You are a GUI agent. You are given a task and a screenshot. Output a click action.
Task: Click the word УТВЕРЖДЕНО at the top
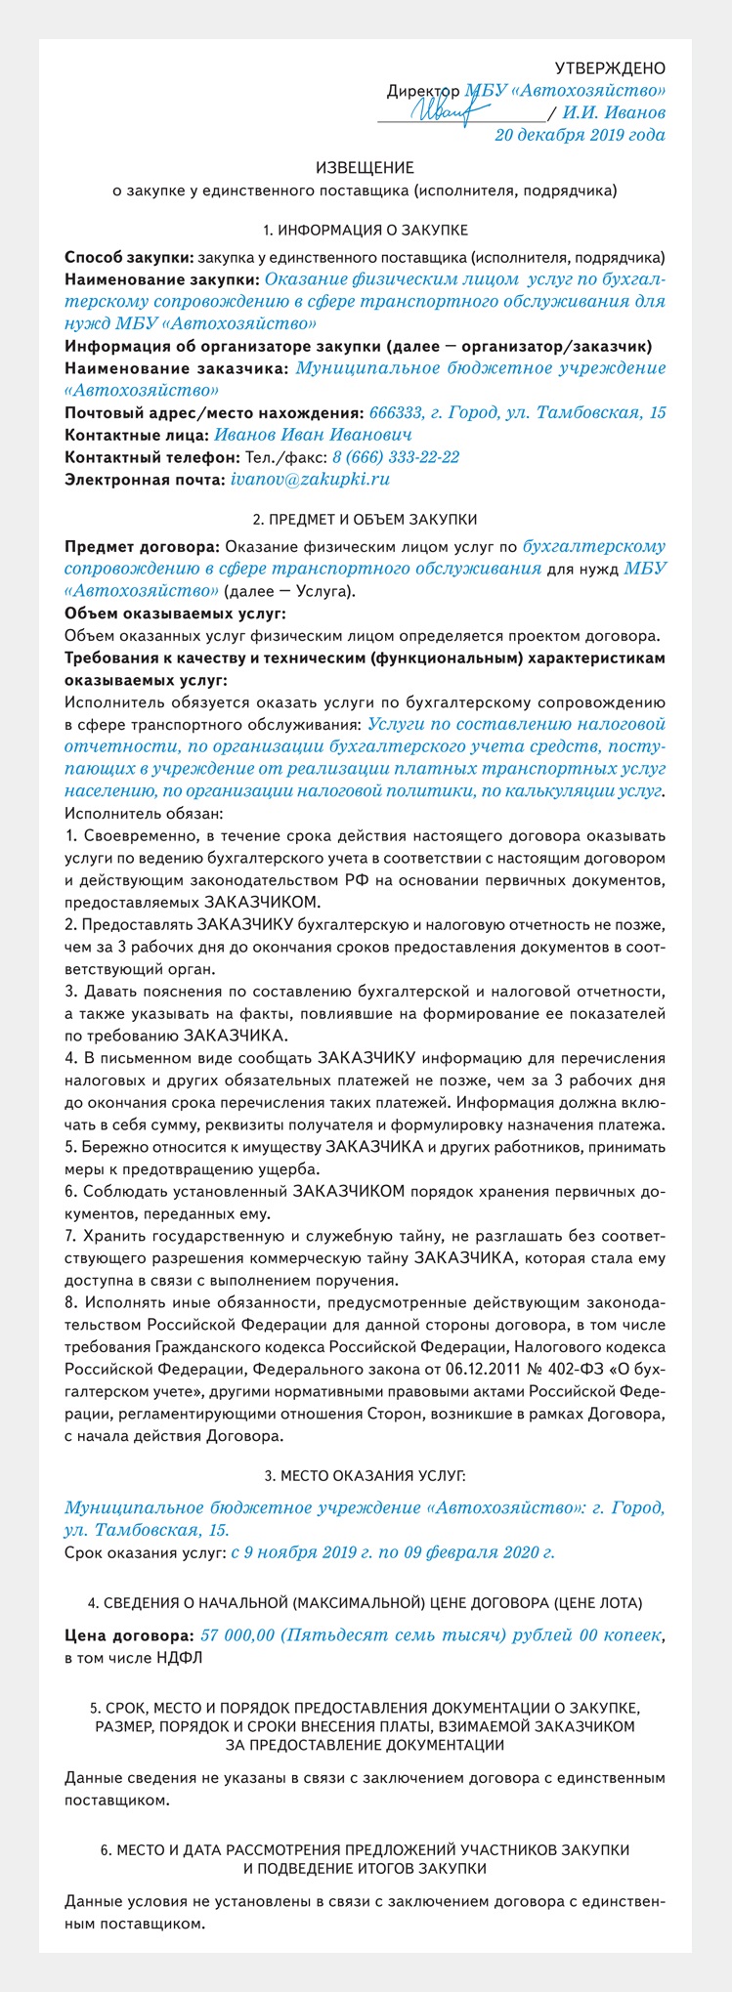610,67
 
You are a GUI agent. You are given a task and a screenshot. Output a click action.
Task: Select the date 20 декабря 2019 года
580,135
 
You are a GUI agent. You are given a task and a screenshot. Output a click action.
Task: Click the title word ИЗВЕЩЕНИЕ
365,168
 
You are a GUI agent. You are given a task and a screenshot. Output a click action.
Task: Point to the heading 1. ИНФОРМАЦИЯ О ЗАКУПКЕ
365,231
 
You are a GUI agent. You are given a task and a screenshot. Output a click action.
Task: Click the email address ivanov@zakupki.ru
310,480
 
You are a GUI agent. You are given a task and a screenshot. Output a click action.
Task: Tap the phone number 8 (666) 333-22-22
396,457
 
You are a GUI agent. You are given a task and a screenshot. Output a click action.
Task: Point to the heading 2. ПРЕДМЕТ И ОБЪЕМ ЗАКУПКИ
365,519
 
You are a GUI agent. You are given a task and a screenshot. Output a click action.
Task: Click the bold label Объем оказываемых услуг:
175,614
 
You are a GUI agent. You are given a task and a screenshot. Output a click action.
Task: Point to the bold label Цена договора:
128,1635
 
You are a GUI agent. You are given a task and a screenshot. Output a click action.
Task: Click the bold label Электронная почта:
143,480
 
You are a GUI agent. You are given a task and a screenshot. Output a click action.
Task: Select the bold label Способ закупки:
128,258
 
